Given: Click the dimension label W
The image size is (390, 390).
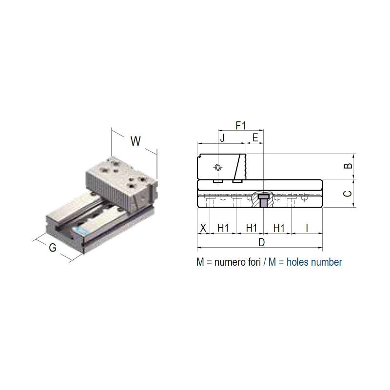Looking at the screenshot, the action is click(136, 141).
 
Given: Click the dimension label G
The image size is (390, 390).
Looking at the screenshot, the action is click(53, 248).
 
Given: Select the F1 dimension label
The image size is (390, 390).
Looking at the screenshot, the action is click(241, 126).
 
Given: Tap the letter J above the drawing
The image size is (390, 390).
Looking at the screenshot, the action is click(222, 137).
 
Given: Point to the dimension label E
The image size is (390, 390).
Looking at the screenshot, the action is click(255, 137).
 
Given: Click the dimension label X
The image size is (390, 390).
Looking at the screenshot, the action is click(203, 228).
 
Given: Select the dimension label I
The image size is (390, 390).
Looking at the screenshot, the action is click(307, 228).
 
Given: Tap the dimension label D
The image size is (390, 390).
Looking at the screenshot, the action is click(262, 242).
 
